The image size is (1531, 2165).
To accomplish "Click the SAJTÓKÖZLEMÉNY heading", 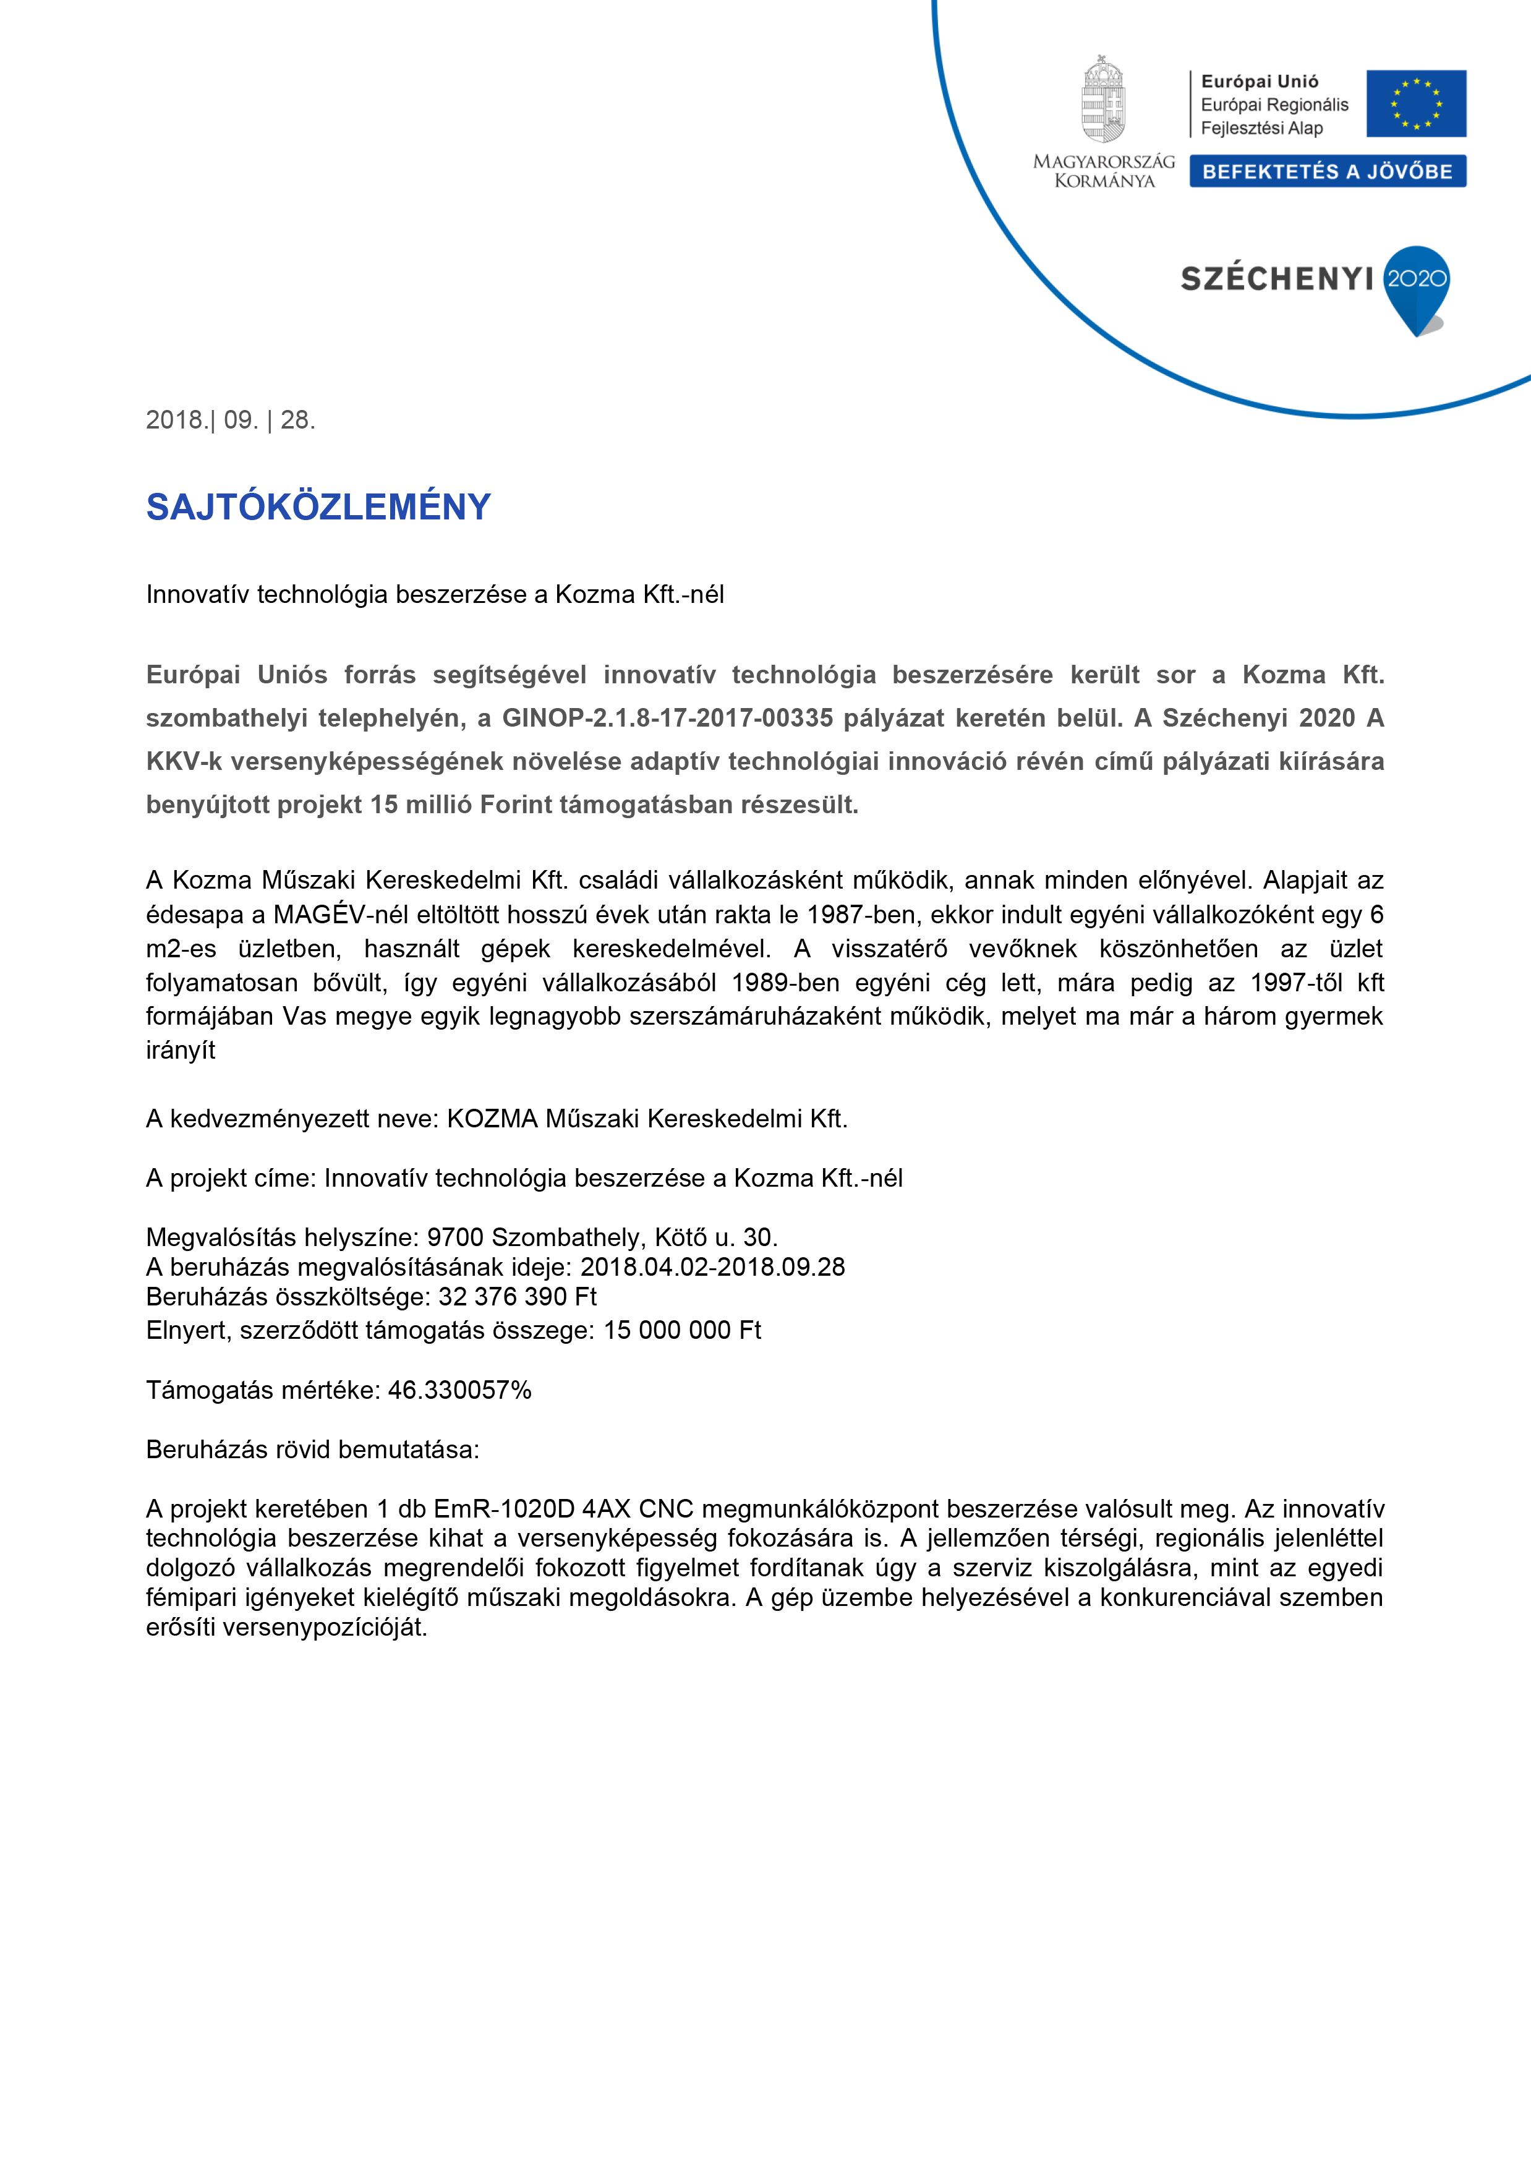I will point(318,507).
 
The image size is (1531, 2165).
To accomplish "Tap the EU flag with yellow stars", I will point(1416,104).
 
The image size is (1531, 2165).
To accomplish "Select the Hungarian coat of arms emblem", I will point(1103,99).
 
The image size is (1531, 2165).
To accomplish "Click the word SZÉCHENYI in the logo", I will point(1276,279).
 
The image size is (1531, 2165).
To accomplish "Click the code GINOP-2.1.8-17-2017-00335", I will point(667,719).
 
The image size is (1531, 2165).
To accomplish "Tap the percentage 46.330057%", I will point(460,1390).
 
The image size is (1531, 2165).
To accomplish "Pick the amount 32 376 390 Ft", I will point(518,1297).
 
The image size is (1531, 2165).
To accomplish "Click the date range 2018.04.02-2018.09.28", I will point(713,1267).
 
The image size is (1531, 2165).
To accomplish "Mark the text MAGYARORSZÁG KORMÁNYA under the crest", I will point(1104,172).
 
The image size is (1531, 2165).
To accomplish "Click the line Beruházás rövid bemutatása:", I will point(313,1450).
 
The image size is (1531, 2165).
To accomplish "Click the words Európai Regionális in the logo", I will point(1274,105).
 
